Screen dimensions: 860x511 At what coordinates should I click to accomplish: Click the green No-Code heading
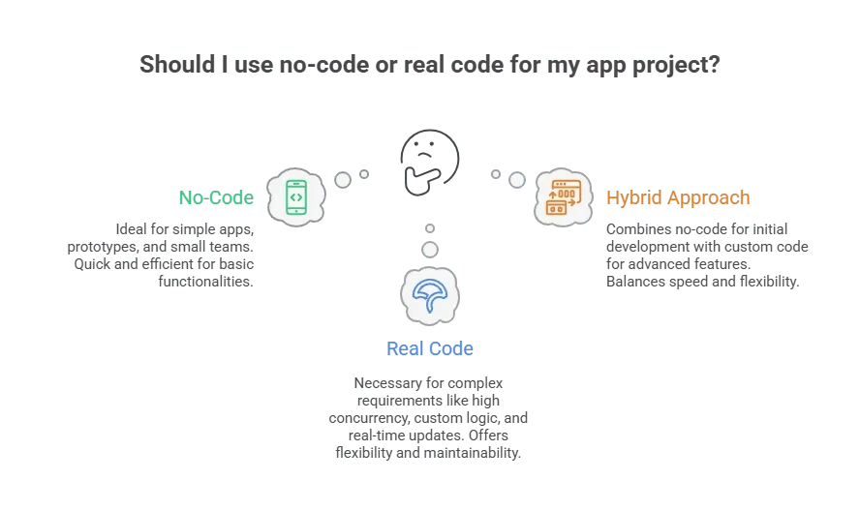pyautogui.click(x=216, y=197)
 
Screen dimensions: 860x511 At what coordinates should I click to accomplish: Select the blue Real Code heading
pyautogui.click(x=429, y=348)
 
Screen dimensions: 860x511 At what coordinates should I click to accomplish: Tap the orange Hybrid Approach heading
pyautogui.click(x=678, y=197)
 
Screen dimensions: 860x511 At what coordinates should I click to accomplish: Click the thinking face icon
pyautogui.click(x=429, y=162)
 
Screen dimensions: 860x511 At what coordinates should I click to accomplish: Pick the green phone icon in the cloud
pyautogui.click(x=296, y=197)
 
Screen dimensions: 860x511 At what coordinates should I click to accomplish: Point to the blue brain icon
pyautogui.click(x=429, y=295)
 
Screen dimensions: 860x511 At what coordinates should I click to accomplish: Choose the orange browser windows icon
pyautogui.click(x=564, y=197)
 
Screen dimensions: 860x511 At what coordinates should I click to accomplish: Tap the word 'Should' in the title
pyautogui.click(x=177, y=64)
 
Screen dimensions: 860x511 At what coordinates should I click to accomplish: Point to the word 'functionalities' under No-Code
pyautogui.click(x=204, y=282)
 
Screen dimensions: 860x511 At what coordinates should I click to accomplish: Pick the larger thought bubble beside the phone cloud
pyautogui.click(x=343, y=180)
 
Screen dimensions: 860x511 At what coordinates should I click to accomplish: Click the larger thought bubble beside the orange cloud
pyautogui.click(x=516, y=180)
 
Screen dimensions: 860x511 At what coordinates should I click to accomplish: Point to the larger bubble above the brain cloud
pyautogui.click(x=430, y=250)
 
